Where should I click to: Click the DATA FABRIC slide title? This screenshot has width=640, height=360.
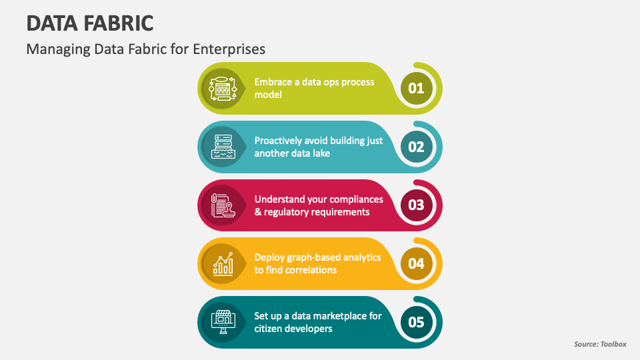90,23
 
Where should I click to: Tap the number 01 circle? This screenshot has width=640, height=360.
416,88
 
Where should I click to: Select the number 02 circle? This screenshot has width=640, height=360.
416,147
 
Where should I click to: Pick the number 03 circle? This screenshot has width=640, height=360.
416,205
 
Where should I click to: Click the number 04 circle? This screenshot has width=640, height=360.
416,264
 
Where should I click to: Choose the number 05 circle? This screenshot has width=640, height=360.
416,323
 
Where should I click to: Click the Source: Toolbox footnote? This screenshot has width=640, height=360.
600,344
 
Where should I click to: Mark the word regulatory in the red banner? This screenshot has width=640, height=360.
287,212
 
